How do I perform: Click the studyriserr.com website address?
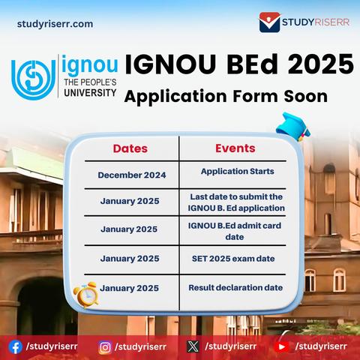point(55,24)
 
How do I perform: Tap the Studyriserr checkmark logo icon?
point(269,22)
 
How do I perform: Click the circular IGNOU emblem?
point(33,79)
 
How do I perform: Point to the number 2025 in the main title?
point(321,64)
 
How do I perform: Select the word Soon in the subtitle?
point(305,96)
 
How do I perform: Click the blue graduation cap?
point(293,127)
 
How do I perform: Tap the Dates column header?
point(130,148)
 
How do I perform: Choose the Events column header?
point(235,148)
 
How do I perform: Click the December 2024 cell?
point(132,175)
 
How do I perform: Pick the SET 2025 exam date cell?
point(233,259)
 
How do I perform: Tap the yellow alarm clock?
point(85,295)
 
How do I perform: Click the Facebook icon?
point(15,347)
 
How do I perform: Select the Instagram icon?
point(105,347)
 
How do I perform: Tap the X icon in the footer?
point(193,347)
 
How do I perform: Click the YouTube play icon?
point(282,347)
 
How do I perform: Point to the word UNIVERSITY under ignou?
point(90,93)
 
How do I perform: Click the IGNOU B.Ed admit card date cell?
point(235,231)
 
